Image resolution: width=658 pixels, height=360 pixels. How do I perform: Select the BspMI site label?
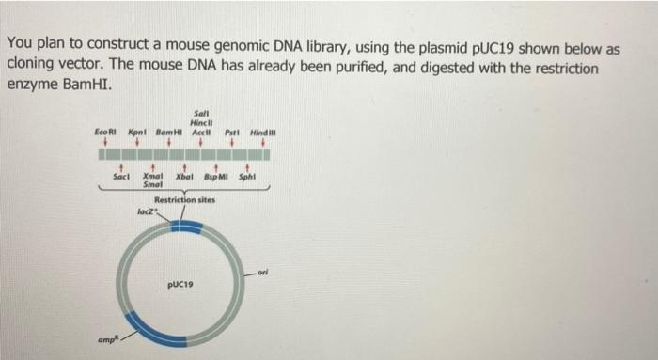(x=219, y=177)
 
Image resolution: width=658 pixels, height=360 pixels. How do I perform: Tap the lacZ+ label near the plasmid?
(x=144, y=212)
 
